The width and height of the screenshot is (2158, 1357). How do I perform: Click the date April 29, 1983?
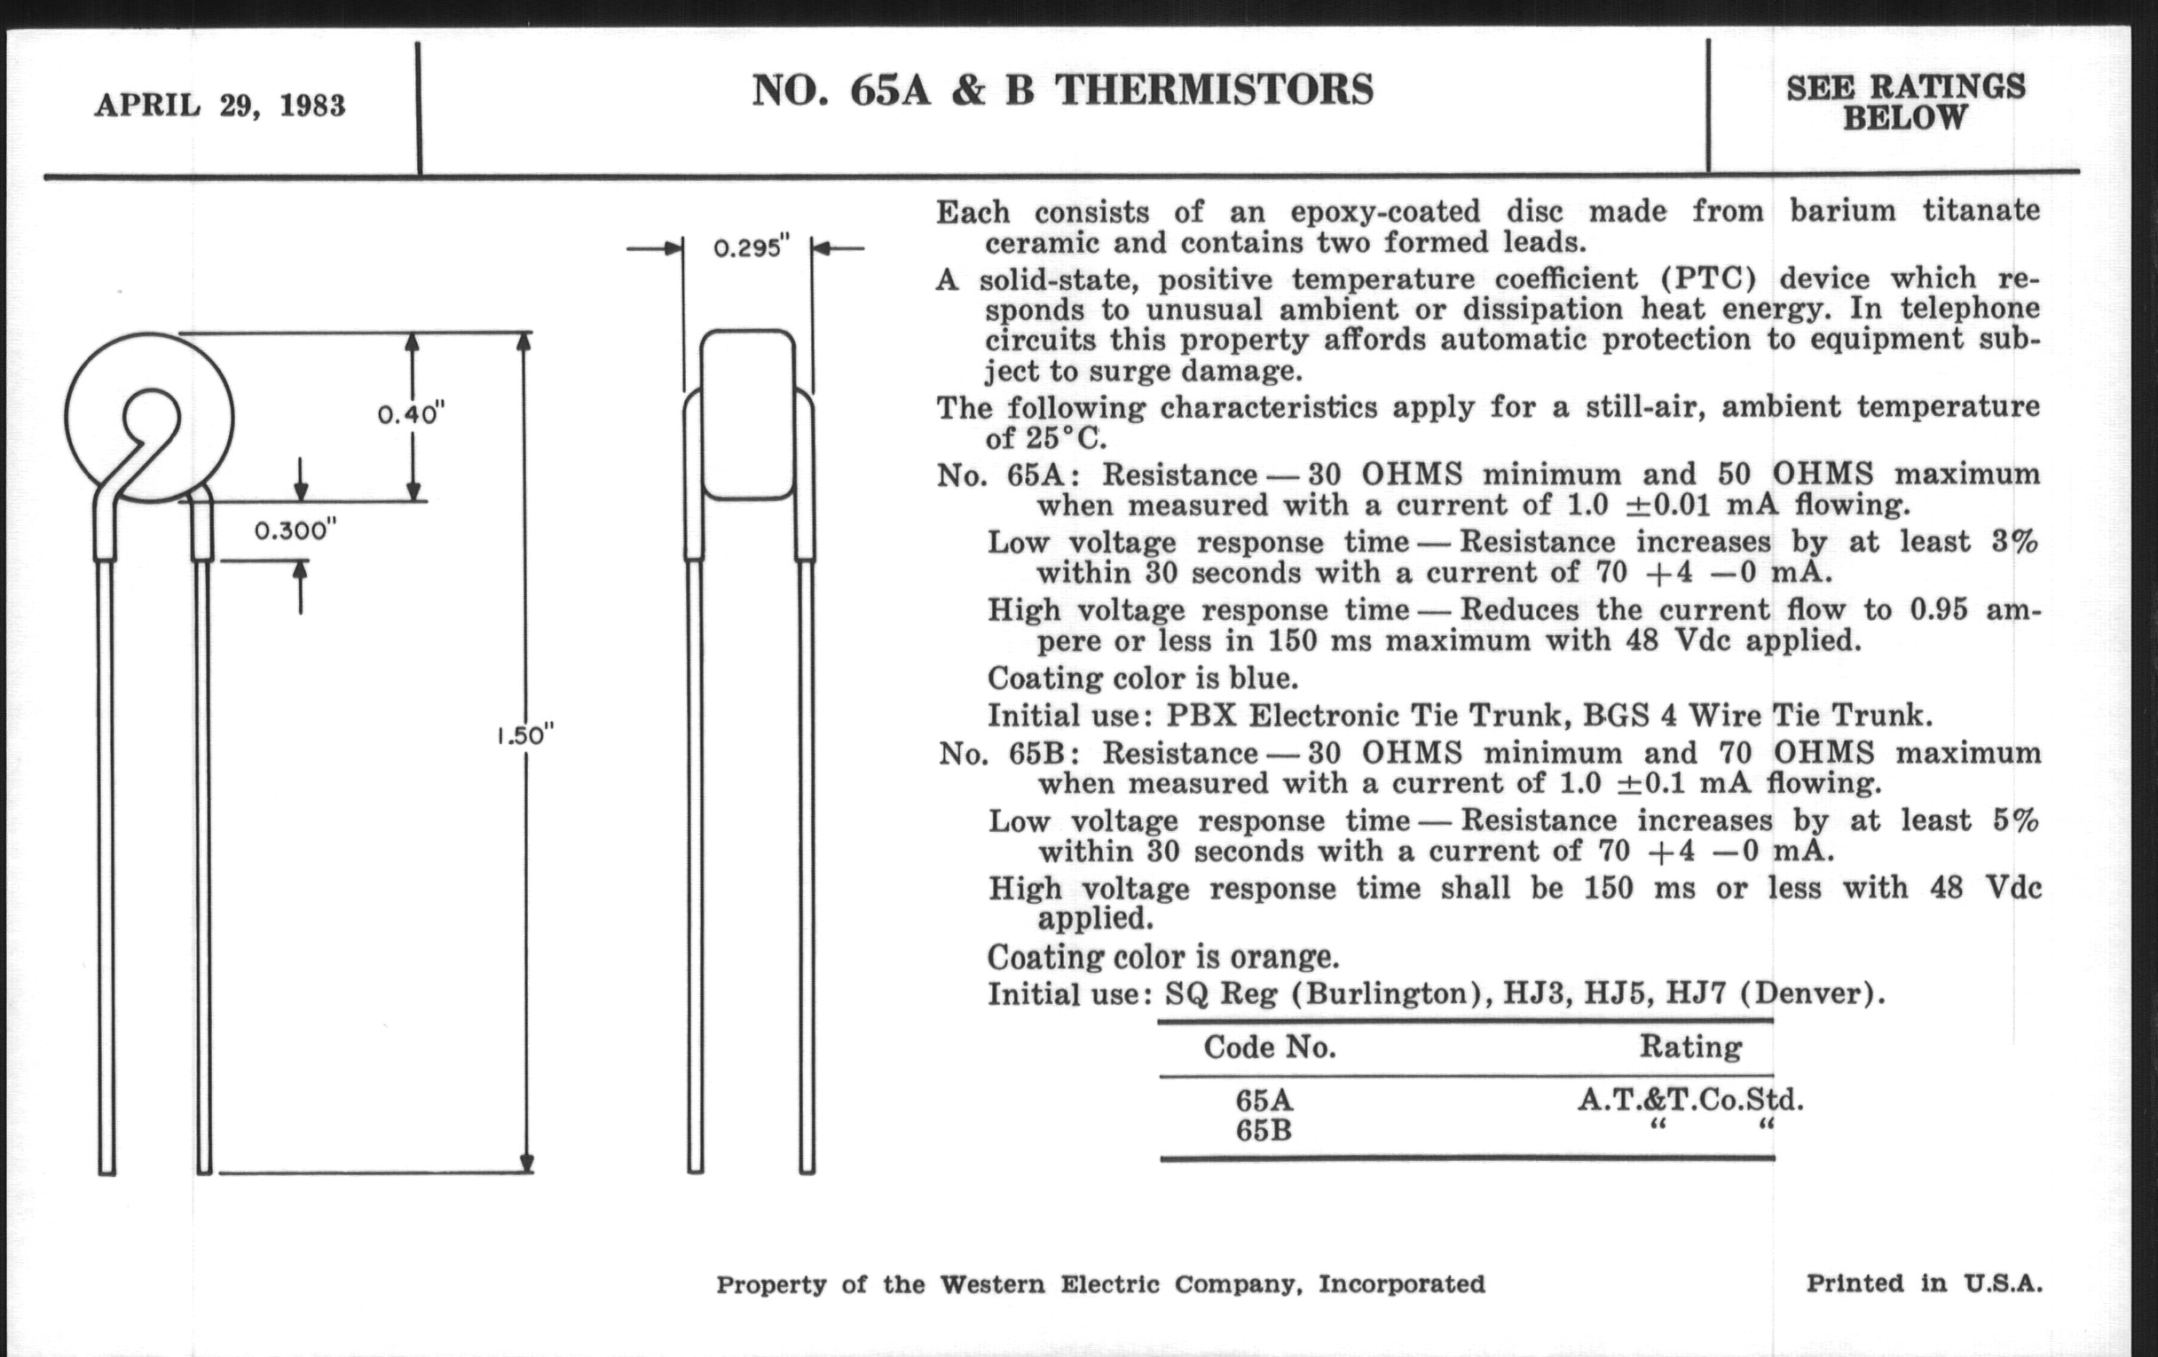point(219,106)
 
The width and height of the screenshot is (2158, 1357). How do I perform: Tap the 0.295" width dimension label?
point(751,248)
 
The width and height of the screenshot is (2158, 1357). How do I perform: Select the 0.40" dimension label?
point(412,415)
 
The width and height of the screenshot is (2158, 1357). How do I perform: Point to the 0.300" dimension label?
point(295,531)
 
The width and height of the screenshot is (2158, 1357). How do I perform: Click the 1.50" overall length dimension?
point(526,735)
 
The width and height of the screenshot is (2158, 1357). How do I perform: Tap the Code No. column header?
point(1269,1047)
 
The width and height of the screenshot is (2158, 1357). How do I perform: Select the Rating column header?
point(1690,1047)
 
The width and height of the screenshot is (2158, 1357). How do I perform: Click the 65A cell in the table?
point(1264,1100)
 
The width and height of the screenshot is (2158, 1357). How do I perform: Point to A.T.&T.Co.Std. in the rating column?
point(1690,1099)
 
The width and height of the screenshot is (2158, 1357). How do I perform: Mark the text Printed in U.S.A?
point(1924,1283)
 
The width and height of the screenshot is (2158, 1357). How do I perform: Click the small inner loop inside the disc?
point(151,417)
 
